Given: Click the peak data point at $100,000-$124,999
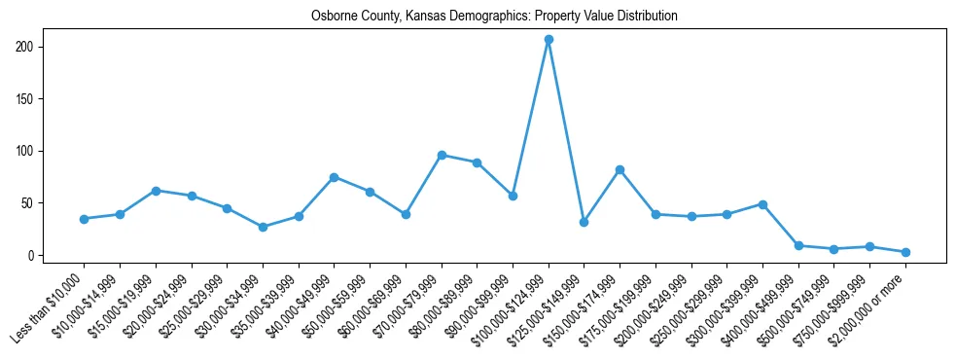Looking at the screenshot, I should click(549, 40).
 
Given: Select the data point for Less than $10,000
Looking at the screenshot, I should click(85, 219).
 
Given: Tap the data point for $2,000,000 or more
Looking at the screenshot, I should click(905, 252).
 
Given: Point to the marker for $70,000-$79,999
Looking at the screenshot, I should click(442, 155).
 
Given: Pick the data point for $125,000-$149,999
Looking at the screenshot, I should click(584, 222).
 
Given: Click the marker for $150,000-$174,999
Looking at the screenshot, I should click(620, 169).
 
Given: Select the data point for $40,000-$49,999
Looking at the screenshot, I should click(334, 177).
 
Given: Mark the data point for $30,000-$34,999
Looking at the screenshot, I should click(263, 227).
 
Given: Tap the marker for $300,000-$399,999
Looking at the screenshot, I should click(762, 204).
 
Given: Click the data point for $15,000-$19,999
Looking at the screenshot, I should click(156, 191).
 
